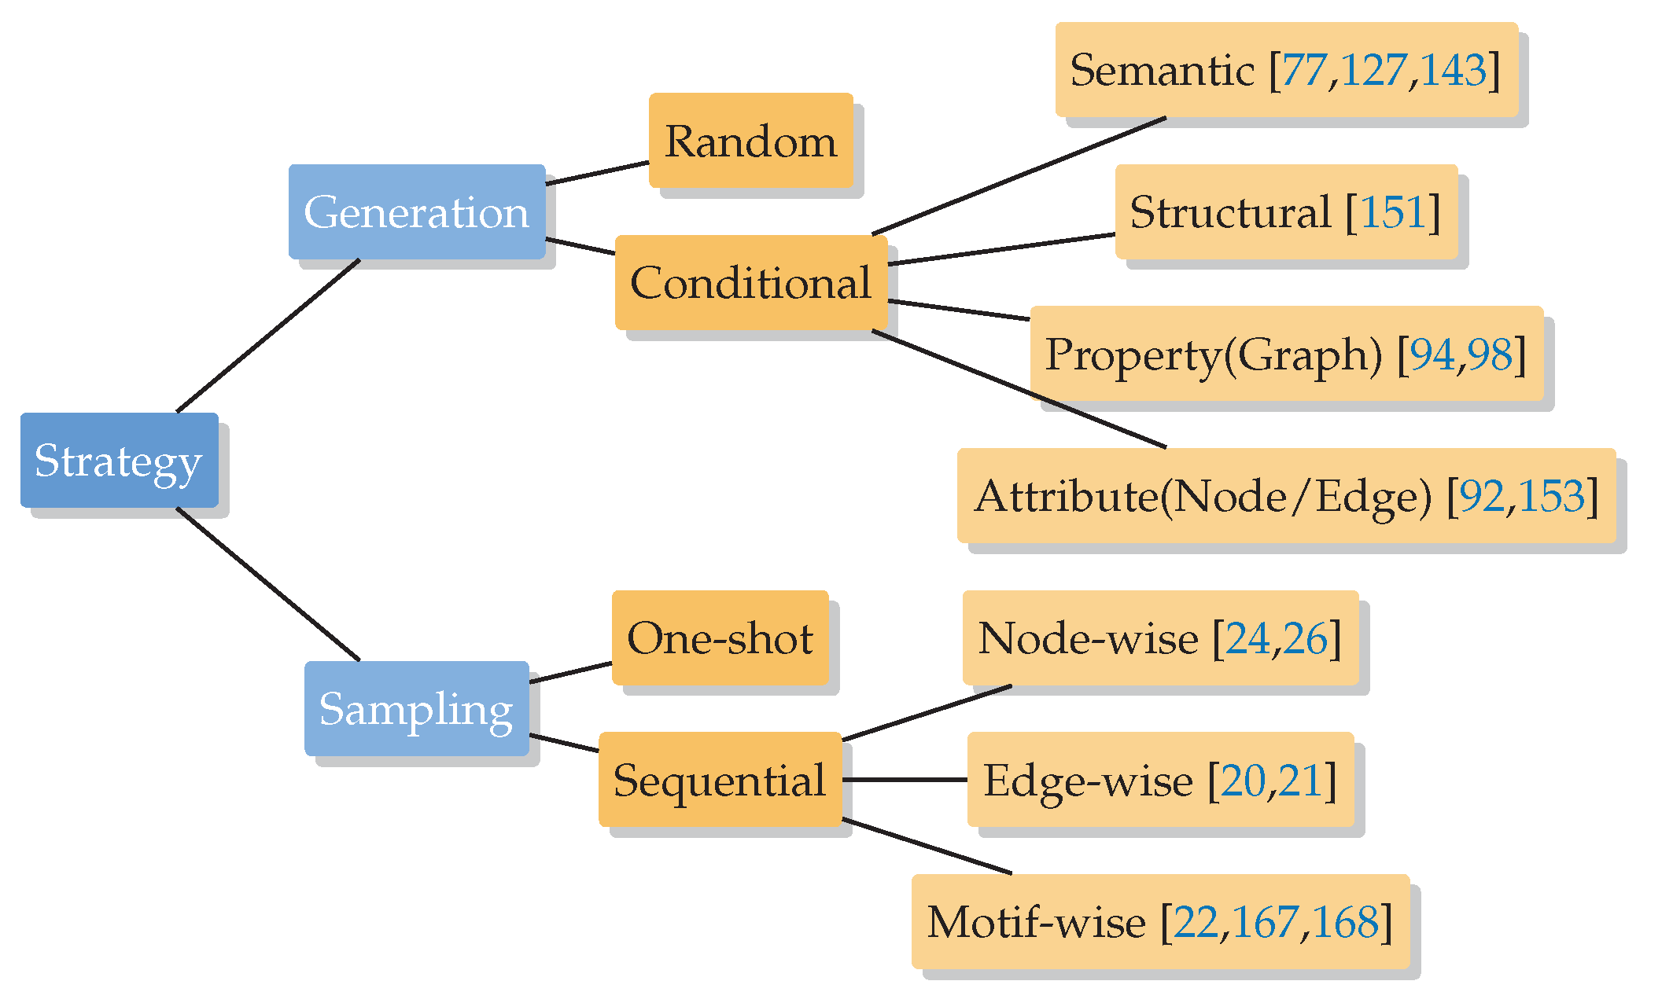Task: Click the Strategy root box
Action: tap(119, 460)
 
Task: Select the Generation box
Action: tap(417, 211)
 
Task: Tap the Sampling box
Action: tap(417, 708)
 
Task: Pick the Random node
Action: tap(751, 141)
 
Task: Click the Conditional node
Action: tap(751, 282)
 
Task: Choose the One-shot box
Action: tap(720, 637)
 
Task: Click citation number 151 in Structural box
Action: tap(1393, 211)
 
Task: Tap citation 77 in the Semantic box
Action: tap(1305, 70)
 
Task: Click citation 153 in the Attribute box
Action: tap(1551, 496)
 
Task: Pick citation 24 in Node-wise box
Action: tap(1248, 637)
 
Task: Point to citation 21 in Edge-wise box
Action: tap(1300, 780)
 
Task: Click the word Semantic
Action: tap(1163, 70)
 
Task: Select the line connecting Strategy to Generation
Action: tap(268, 336)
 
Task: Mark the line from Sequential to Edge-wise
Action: tap(905, 780)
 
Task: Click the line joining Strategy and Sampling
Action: tap(268, 584)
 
